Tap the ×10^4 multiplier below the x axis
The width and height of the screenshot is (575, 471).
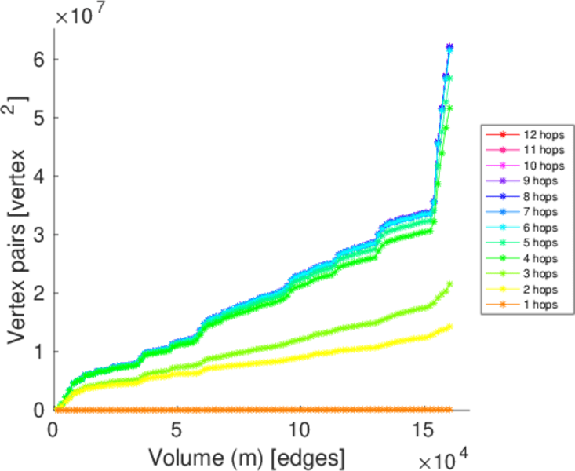pos(442,456)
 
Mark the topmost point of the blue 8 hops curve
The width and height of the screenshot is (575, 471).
pos(449,48)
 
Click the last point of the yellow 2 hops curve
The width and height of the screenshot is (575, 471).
pos(449,327)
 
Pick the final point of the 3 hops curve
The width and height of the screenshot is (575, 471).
pos(449,284)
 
